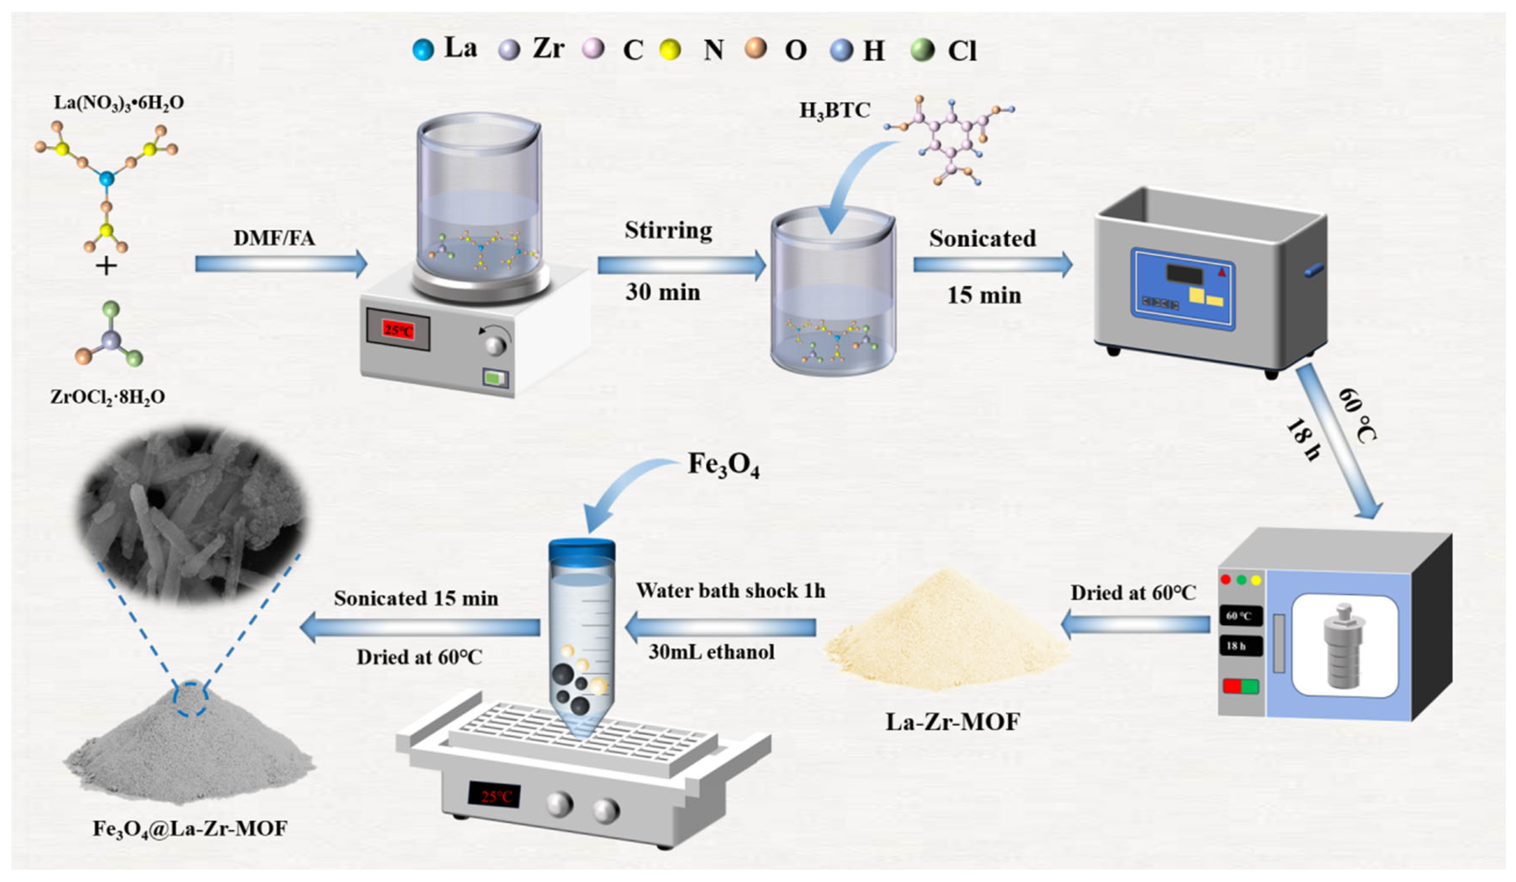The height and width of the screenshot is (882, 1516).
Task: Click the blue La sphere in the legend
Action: tap(423, 50)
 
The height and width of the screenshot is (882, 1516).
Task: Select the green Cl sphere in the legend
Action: tap(922, 50)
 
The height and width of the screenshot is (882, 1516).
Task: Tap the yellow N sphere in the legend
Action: tap(669, 50)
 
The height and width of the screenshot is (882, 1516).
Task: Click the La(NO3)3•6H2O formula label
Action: tap(119, 103)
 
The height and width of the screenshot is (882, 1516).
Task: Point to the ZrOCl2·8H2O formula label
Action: tap(108, 397)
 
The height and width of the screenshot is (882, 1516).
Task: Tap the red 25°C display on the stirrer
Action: tap(398, 330)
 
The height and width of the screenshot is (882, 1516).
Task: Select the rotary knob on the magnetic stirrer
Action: tap(496, 345)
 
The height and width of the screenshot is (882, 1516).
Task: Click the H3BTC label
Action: tap(834, 111)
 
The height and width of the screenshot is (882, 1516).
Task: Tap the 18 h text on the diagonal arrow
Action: tap(1303, 439)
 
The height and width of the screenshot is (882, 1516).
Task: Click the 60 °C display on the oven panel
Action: tap(1239, 616)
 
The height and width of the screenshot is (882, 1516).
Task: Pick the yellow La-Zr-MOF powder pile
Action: tap(947, 637)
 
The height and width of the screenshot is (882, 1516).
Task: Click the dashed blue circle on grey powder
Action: tap(191, 698)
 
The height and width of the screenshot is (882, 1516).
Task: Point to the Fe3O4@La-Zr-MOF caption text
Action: tap(190, 829)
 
